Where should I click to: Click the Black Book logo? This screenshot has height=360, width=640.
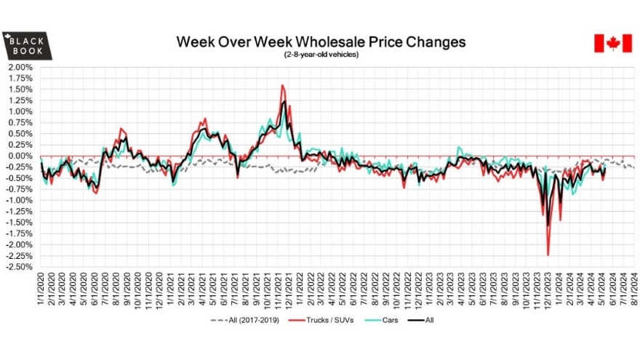pos(27,46)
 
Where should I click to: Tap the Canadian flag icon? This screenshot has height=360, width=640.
pos(610,43)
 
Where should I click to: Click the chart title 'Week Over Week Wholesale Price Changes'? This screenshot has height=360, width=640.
pos(321,41)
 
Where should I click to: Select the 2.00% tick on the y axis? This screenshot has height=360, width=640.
pos(20,68)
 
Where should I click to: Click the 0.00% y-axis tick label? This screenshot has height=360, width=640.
pos(20,156)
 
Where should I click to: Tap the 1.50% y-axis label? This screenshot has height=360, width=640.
pos(20,89)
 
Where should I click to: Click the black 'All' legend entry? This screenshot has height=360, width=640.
pos(422,319)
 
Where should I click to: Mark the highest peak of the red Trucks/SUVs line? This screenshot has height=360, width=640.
pos(282,86)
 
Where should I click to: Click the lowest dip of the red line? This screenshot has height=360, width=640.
pos(548,255)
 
